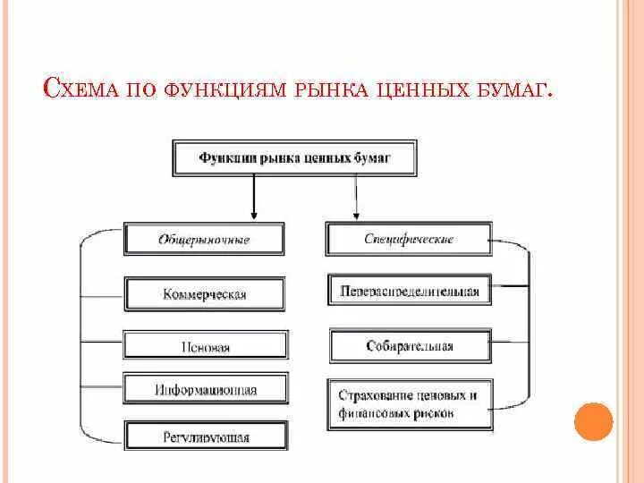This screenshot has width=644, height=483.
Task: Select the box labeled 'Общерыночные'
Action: click(204, 240)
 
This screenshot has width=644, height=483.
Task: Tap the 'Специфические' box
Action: click(409, 240)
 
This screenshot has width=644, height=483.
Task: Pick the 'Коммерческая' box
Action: click(205, 293)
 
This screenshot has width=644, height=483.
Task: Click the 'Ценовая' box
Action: click(205, 347)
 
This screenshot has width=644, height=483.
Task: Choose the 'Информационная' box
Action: click(205, 390)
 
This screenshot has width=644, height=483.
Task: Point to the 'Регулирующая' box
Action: click(205, 436)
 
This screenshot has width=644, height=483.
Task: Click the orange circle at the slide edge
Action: click(593, 420)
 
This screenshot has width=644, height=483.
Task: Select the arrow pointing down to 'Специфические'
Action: click(356, 199)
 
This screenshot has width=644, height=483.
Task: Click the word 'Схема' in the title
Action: click(81, 91)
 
